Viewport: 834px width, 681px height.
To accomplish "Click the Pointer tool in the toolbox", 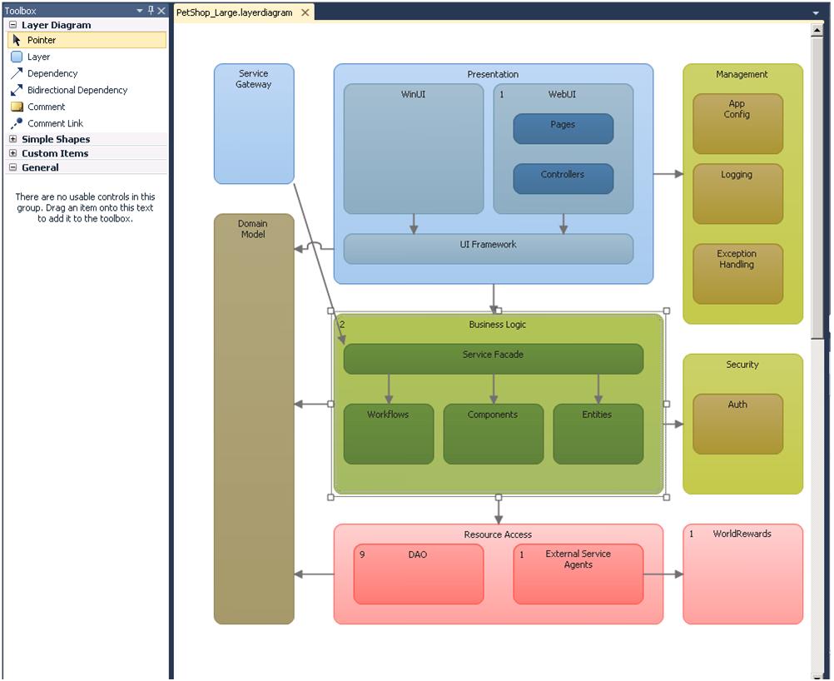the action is click(x=87, y=40).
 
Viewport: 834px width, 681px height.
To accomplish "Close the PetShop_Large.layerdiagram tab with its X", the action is click(x=305, y=12).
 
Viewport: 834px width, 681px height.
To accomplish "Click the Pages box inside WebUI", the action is click(x=563, y=129).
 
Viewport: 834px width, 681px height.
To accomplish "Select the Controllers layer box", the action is click(x=563, y=179).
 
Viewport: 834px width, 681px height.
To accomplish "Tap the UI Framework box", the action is click(x=489, y=249).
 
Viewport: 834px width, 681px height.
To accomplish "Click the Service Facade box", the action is click(x=494, y=359).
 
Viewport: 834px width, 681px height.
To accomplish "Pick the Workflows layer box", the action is click(x=389, y=434).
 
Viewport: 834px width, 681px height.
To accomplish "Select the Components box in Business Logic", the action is click(x=494, y=434).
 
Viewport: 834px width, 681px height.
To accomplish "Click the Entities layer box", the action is click(x=598, y=434).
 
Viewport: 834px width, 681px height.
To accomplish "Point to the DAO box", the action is click(x=419, y=574).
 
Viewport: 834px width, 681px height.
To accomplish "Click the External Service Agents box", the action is click(x=578, y=574).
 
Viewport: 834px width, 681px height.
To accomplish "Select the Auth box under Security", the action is click(x=738, y=424).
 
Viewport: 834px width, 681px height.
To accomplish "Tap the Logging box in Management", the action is click(x=738, y=194).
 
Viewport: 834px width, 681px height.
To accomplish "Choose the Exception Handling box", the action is click(x=738, y=274).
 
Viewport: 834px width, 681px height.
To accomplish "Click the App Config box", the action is click(x=738, y=124).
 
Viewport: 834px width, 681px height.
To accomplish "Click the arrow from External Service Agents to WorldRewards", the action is click(x=663, y=574).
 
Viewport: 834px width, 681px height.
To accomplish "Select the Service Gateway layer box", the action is click(x=254, y=124).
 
